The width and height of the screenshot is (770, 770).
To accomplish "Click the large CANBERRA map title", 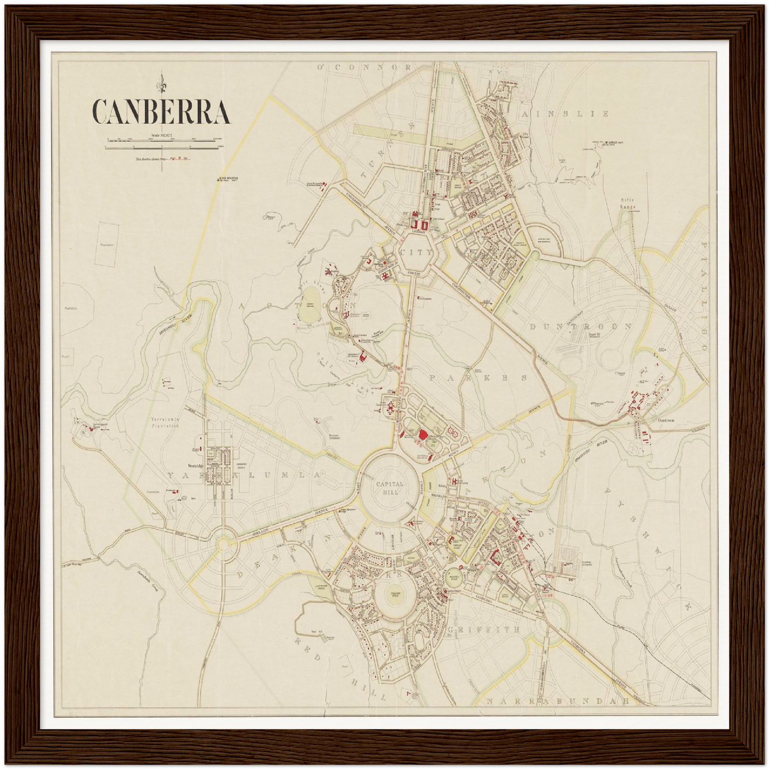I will click(161, 111).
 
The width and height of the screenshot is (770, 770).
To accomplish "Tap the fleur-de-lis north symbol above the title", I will click(160, 83).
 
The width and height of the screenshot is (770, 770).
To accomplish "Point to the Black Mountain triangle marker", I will click(217, 180).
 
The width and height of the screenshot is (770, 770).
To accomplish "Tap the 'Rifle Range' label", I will click(628, 203).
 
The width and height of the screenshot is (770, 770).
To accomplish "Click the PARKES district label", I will click(478, 377).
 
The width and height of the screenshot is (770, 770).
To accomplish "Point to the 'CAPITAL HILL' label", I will click(390, 488).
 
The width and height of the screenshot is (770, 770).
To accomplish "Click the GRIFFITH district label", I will click(483, 629).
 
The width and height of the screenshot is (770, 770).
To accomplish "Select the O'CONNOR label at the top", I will click(364, 67).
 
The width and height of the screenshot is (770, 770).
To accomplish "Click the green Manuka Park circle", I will click(454, 579).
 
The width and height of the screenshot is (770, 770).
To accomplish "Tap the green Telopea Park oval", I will click(395, 597).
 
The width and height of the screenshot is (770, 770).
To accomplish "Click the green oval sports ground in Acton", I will click(309, 312).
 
